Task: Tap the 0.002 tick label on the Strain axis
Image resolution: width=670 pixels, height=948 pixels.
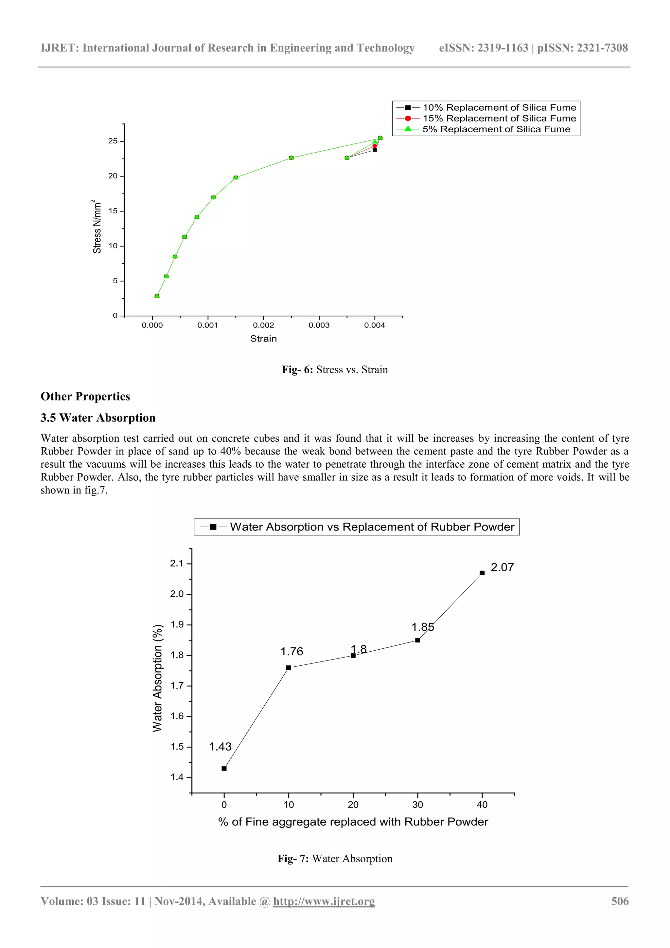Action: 263,325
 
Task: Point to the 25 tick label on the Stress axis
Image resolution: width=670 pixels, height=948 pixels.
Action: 113,141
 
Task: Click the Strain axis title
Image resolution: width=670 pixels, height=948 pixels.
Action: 263,339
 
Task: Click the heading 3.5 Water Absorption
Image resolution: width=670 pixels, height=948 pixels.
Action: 98,418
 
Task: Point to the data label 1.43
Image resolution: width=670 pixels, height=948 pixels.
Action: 220,747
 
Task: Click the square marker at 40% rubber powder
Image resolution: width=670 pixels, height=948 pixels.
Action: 482,573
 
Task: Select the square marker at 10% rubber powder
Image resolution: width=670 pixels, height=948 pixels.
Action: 288,668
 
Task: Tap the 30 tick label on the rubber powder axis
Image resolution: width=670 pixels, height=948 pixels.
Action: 417,805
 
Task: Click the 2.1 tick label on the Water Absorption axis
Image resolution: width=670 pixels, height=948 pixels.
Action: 177,564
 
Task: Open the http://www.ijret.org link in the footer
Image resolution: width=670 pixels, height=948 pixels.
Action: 324,902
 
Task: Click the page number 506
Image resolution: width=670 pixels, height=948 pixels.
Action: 620,902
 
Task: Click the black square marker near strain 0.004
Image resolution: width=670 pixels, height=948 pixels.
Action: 375,150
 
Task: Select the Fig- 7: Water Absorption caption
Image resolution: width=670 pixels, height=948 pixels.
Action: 335,859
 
